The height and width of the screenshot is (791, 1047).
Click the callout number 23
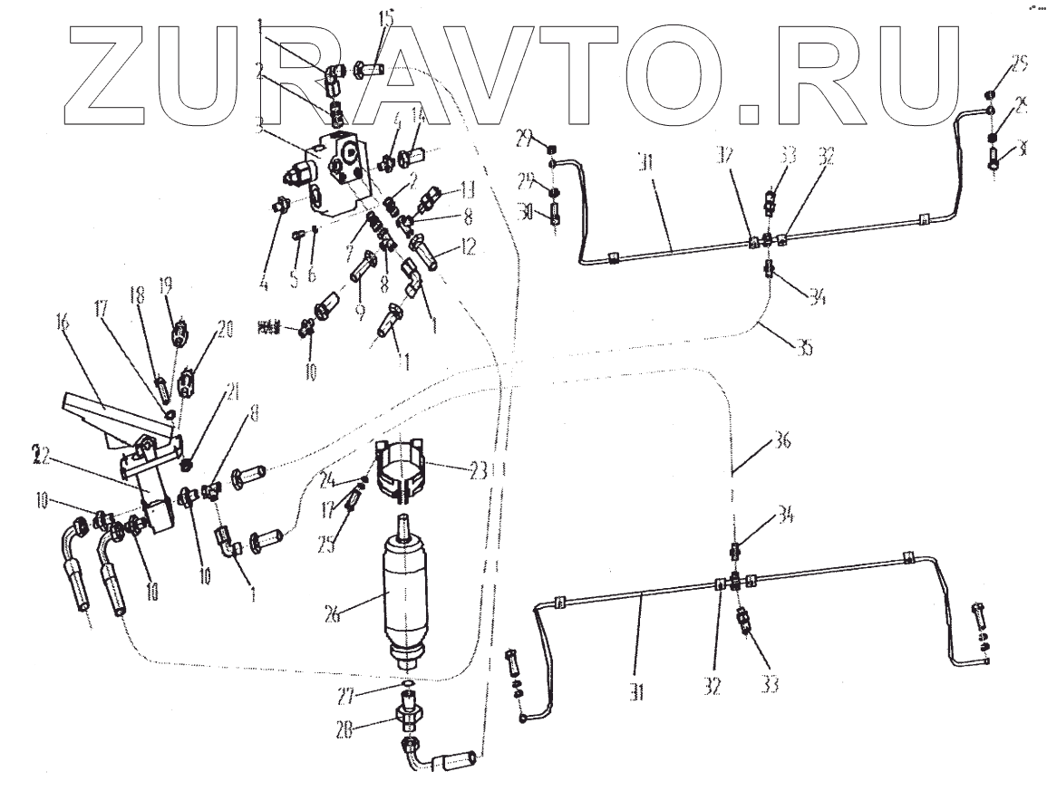pos(478,469)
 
